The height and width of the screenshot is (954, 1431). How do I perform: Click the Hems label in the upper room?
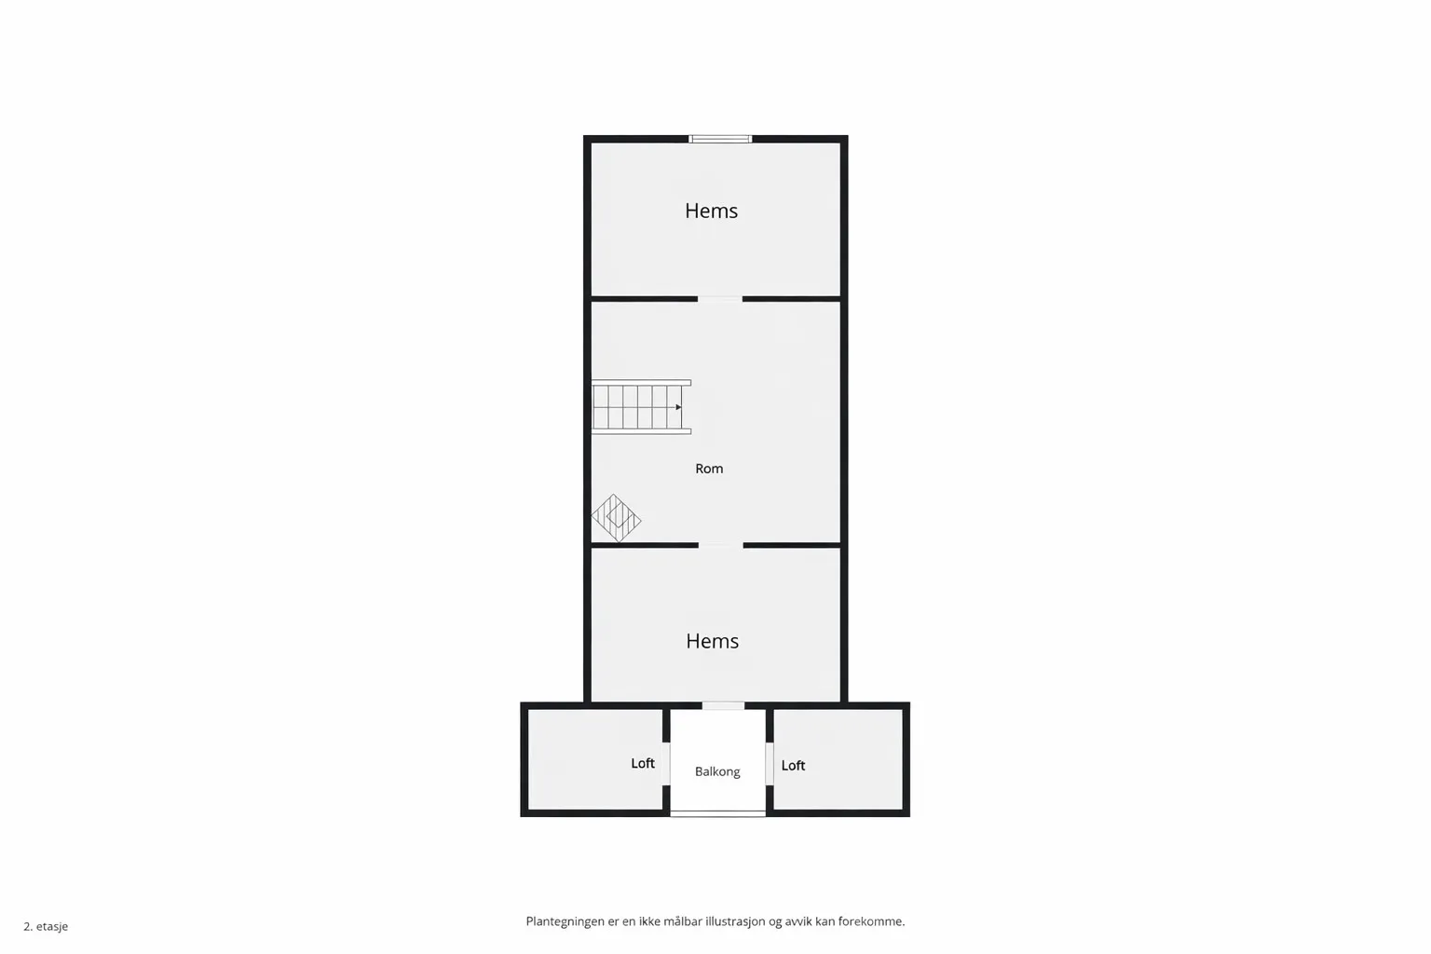tap(711, 211)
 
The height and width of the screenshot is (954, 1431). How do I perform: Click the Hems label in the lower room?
tap(712, 641)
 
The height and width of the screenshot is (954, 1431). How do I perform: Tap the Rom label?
tap(709, 469)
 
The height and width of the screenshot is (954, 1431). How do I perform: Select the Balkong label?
tap(717, 771)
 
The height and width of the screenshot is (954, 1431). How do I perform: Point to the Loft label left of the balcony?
tap(643, 763)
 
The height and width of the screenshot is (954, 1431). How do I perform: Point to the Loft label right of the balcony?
tap(793, 765)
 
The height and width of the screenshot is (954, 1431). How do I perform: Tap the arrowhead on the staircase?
tap(678, 407)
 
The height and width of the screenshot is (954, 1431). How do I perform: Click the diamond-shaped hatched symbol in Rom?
tap(616, 518)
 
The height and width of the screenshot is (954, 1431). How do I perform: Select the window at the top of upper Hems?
tap(720, 139)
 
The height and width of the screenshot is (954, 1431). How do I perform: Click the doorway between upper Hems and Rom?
tap(720, 299)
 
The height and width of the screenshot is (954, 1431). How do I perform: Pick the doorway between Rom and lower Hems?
tap(720, 545)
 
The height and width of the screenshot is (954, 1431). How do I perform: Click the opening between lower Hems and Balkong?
tap(723, 705)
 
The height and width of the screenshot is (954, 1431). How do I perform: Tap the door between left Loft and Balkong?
tap(666, 763)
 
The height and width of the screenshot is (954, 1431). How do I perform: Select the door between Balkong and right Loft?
tap(770, 763)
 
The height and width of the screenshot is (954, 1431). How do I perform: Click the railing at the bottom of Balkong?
tap(717, 813)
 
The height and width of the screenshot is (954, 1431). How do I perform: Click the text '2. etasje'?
tap(46, 926)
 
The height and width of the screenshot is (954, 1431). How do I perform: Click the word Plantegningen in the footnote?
tap(565, 921)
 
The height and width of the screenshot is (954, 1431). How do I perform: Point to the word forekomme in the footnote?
tap(870, 921)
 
